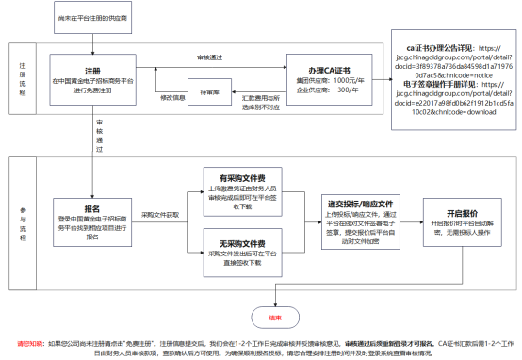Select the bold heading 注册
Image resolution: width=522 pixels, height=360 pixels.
[92, 71]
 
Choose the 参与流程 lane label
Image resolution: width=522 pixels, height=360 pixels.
[24, 226]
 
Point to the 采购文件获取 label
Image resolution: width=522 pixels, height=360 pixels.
[161, 214]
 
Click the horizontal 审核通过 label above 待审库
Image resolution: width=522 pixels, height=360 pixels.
[210, 58]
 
